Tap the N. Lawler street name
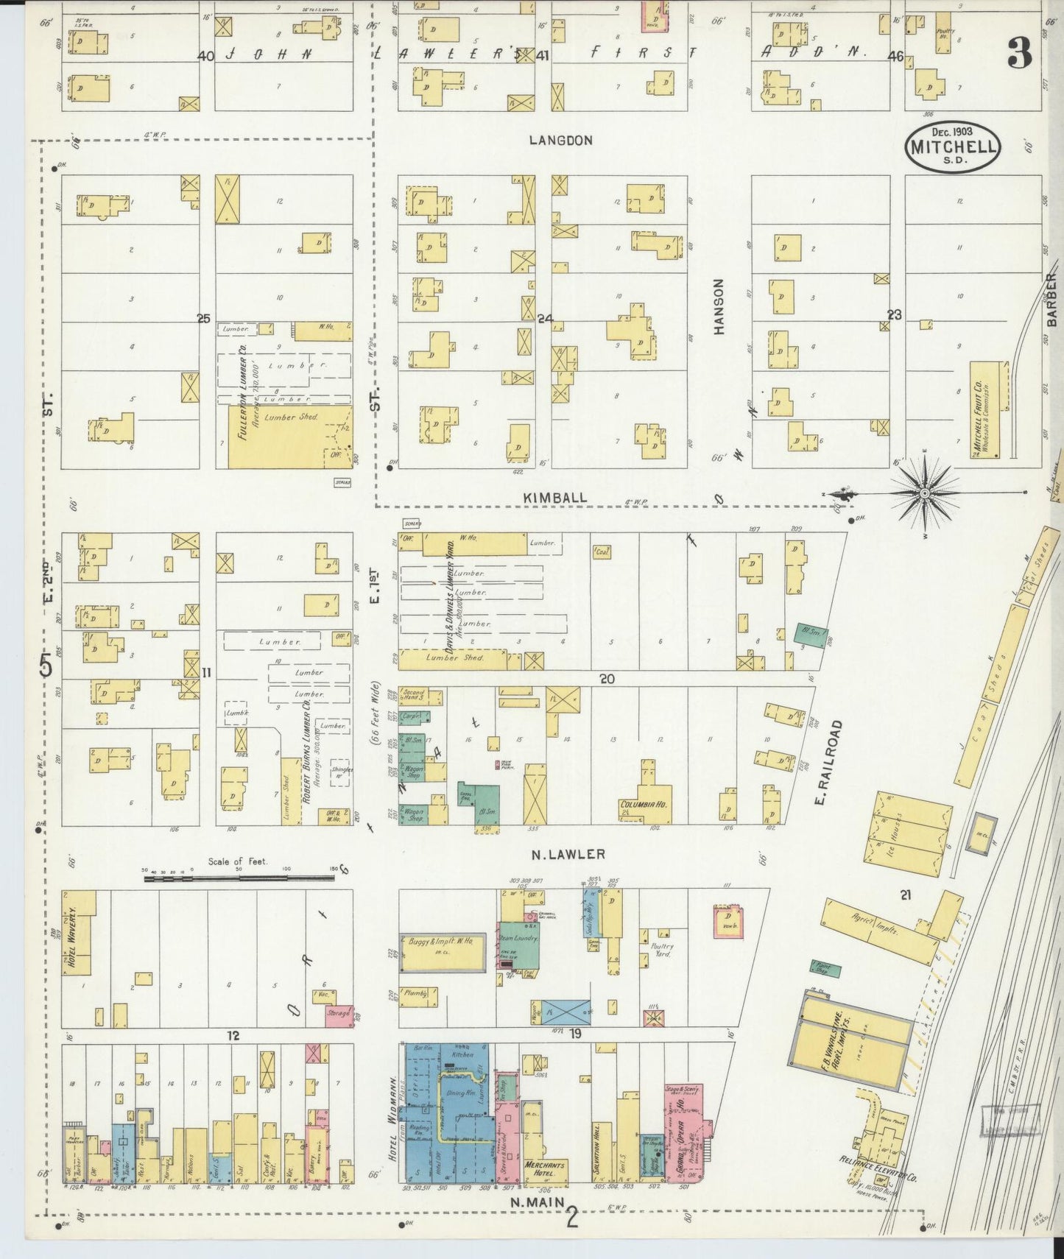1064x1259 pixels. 568,854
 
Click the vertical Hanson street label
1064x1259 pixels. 719,306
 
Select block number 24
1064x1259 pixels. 545,319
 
